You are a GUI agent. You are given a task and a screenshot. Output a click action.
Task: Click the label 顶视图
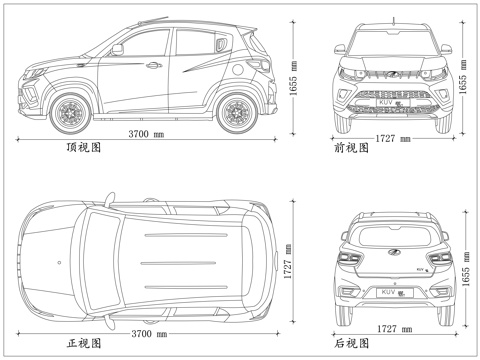tap(82, 147)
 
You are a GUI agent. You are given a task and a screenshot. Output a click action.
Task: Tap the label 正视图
tap(83, 343)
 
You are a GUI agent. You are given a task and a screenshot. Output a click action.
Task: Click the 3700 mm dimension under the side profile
tap(146, 133)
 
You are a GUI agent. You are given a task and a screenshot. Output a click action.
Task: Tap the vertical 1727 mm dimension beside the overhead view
tap(288, 262)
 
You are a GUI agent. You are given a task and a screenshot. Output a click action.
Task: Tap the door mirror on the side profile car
tap(117, 47)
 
